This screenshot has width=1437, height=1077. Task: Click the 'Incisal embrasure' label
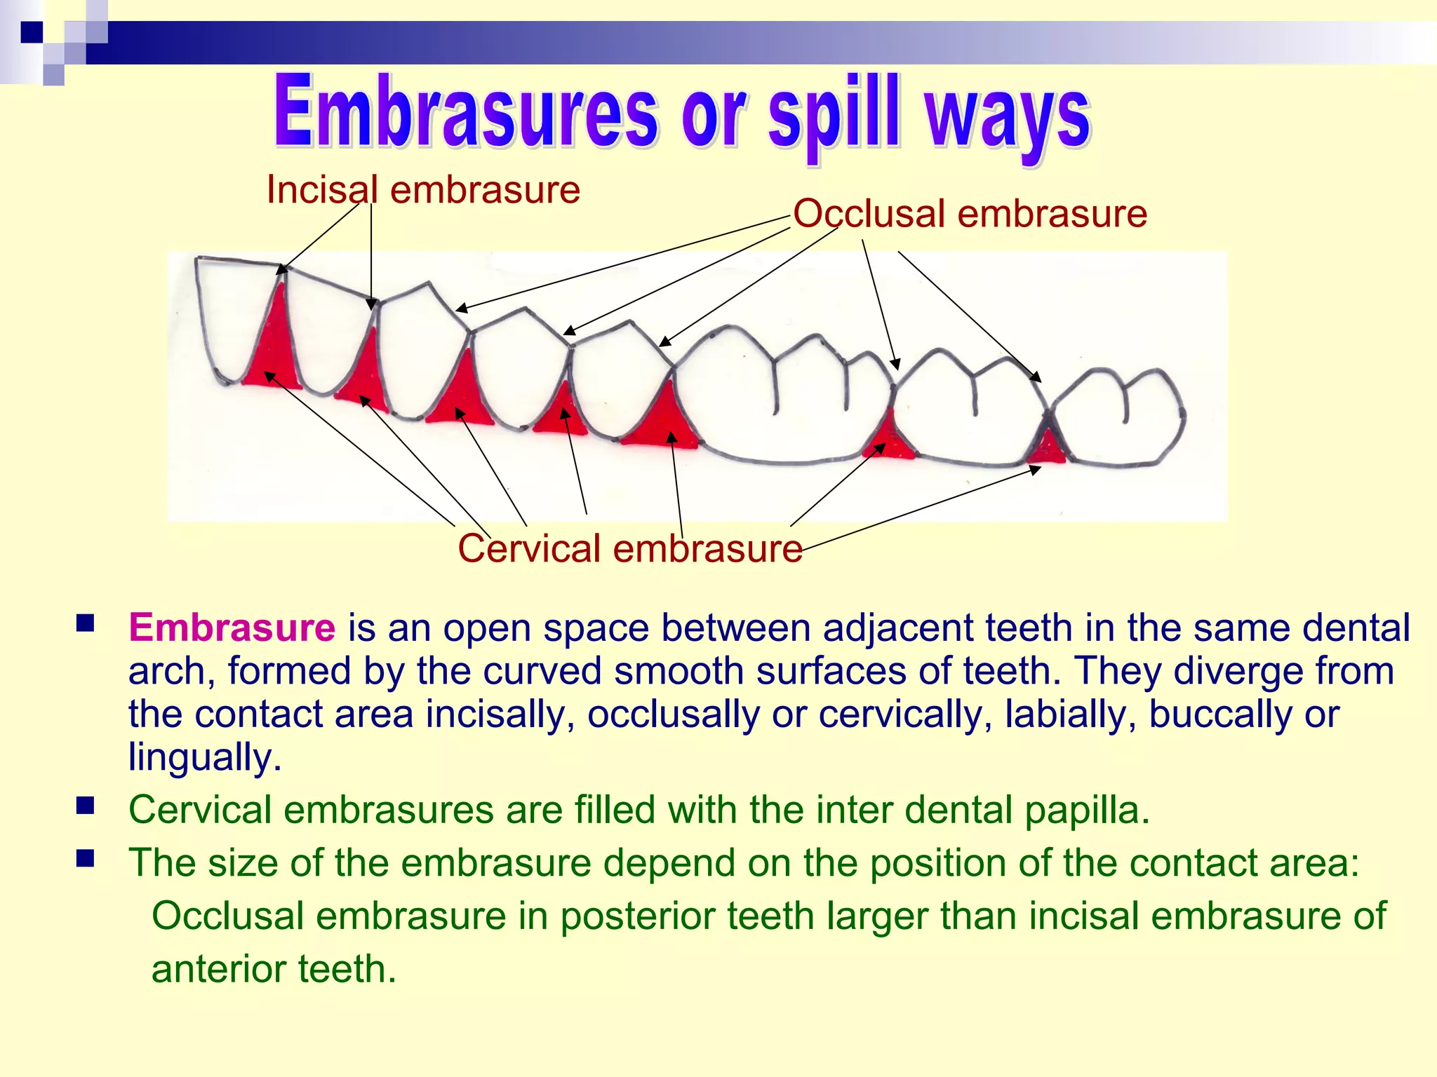(x=423, y=190)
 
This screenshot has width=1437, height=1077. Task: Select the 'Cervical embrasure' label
(x=630, y=548)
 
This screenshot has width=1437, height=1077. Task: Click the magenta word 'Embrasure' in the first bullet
(x=232, y=628)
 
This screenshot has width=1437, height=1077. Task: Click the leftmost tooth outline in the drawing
(x=232, y=316)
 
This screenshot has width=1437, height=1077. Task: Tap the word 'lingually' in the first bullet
(x=204, y=757)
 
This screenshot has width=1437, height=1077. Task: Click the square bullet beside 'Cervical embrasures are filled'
(x=86, y=806)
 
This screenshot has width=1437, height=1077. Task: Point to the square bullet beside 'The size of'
(x=86, y=859)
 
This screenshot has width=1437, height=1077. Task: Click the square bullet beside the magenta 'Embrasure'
(x=86, y=623)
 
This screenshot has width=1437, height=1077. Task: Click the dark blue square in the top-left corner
(x=32, y=32)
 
